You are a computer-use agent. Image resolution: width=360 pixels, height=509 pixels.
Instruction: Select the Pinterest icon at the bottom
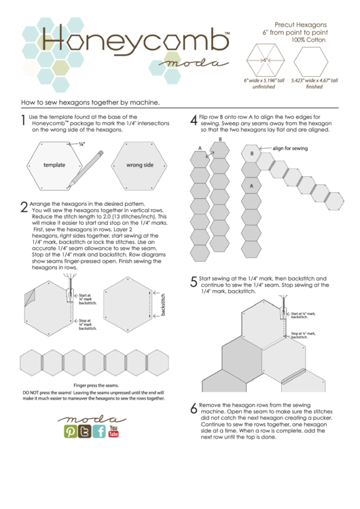71,432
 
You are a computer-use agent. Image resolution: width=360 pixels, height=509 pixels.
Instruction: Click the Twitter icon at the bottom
85,432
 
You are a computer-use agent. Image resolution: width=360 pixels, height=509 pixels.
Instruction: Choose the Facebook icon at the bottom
99,432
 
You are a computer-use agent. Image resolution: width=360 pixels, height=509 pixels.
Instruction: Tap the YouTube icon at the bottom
113,431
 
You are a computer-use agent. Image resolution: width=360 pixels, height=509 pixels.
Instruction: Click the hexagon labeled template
54,165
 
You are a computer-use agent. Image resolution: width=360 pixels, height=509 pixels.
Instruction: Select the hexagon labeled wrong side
139,165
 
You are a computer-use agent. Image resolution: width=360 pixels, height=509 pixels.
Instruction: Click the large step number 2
24,207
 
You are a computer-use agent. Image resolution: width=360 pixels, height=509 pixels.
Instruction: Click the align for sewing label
290,147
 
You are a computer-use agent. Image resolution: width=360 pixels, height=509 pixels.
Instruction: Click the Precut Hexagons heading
300,24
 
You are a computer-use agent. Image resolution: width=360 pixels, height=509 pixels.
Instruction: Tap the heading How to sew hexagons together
90,103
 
